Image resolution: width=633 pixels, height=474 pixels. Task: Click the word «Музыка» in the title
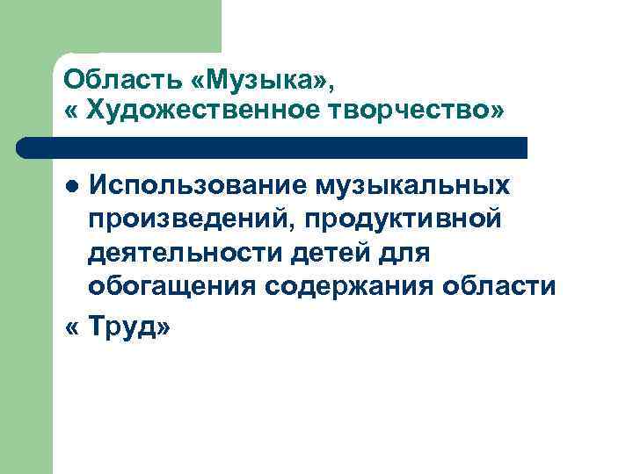click(x=260, y=81)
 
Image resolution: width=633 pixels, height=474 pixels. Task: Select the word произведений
click(x=188, y=218)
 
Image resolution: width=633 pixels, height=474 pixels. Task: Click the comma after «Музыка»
click(x=332, y=88)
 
